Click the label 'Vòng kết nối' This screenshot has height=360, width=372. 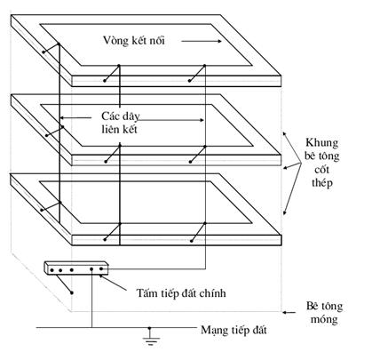[x=134, y=40]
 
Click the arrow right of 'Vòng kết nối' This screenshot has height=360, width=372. [x=202, y=41]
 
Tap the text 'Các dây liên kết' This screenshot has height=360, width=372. [x=120, y=123]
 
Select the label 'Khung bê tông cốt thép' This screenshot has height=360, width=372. [x=322, y=163]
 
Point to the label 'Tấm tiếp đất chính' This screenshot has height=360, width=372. [x=181, y=293]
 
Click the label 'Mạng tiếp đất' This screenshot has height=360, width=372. [x=233, y=330]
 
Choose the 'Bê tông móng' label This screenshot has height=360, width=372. [x=324, y=312]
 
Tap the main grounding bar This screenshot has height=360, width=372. [x=76, y=268]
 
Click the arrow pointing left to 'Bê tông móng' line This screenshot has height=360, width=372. [x=289, y=312]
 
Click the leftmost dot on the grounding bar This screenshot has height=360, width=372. [x=51, y=270]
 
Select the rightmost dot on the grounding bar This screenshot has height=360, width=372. [x=101, y=268]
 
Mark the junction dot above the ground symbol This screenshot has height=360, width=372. [x=150, y=328]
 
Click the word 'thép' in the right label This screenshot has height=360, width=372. [x=322, y=182]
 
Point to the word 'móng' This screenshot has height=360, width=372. [x=324, y=319]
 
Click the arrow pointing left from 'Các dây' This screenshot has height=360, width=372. [x=75, y=118]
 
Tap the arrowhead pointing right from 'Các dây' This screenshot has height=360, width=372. [x=202, y=120]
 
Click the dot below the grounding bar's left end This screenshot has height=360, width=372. [x=72, y=292]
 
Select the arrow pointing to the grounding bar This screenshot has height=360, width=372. [x=114, y=283]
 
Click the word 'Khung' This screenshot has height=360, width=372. [x=321, y=142]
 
